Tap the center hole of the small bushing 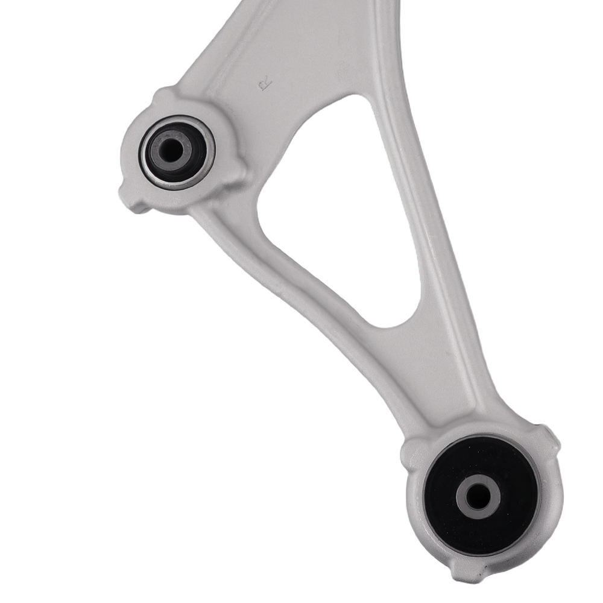(x=171, y=150)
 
